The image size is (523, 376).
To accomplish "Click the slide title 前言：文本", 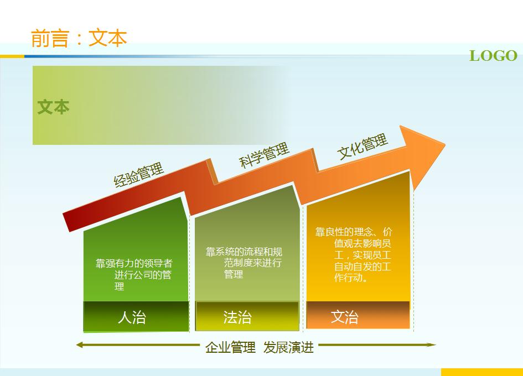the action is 79,38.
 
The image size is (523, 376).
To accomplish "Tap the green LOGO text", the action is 493,56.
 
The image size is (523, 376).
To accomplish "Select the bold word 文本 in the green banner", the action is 53,107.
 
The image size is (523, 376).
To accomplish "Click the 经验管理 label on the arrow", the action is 138,175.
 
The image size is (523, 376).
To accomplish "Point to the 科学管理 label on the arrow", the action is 264,155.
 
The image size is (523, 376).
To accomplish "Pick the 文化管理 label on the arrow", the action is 363,146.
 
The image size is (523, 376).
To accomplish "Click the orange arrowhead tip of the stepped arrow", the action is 444,145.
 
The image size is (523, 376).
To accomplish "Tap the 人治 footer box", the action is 136,317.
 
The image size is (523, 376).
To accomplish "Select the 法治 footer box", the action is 247,316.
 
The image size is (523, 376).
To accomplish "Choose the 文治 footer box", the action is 358,315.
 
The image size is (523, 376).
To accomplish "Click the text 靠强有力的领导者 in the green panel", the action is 134,263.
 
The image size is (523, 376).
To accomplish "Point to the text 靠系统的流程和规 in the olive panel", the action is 244,252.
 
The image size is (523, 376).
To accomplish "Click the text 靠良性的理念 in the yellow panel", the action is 344,232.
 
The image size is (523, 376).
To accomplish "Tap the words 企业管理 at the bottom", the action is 230,347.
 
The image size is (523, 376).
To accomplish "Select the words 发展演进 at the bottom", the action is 288,347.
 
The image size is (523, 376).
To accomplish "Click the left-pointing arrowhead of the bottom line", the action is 79,344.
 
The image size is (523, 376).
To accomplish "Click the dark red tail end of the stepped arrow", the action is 66,222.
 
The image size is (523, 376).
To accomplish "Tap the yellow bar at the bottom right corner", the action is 481,372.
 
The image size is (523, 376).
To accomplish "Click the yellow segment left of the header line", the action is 12,56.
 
